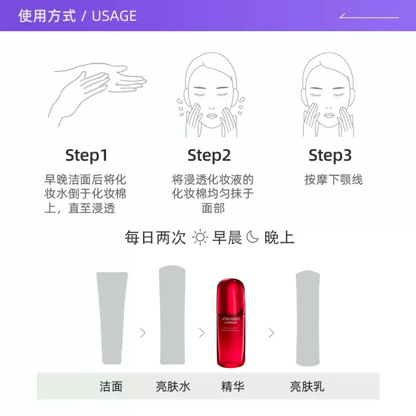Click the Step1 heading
tap(86, 155)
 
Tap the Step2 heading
tap(209, 155)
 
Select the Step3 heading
tap(330, 155)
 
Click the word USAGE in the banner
tap(114, 16)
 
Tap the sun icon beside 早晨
tap(200, 238)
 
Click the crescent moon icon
tap(252, 238)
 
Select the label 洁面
tap(111, 386)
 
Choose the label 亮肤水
tap(173, 386)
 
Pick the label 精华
tap(232, 386)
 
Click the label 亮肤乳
tap(307, 386)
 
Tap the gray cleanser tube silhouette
tap(111, 317)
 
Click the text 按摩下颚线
tap(333, 180)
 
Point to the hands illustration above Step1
tap(99, 94)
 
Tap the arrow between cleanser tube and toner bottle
tap(143, 333)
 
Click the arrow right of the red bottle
tap(271, 333)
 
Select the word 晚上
tap(279, 238)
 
